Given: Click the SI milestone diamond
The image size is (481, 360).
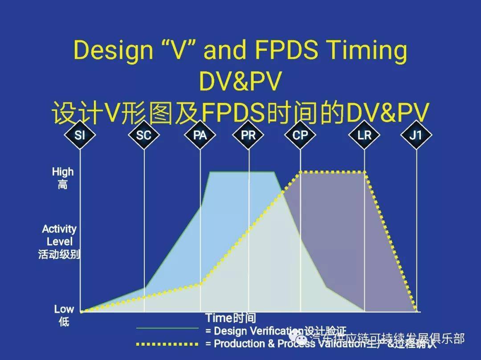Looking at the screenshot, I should [x=80, y=135].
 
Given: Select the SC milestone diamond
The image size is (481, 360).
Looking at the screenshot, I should [x=143, y=135].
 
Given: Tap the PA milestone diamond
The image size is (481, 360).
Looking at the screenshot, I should [x=200, y=135].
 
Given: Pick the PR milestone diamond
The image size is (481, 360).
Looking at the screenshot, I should [x=249, y=135].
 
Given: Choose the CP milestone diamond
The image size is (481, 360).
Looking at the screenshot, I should [x=300, y=135].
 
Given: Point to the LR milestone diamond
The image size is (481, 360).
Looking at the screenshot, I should [x=364, y=135].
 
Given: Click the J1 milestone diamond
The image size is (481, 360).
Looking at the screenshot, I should [x=416, y=135].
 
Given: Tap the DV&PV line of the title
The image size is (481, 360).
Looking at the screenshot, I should [x=240, y=82].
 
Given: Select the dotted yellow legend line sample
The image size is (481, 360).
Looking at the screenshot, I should [x=167, y=344].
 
